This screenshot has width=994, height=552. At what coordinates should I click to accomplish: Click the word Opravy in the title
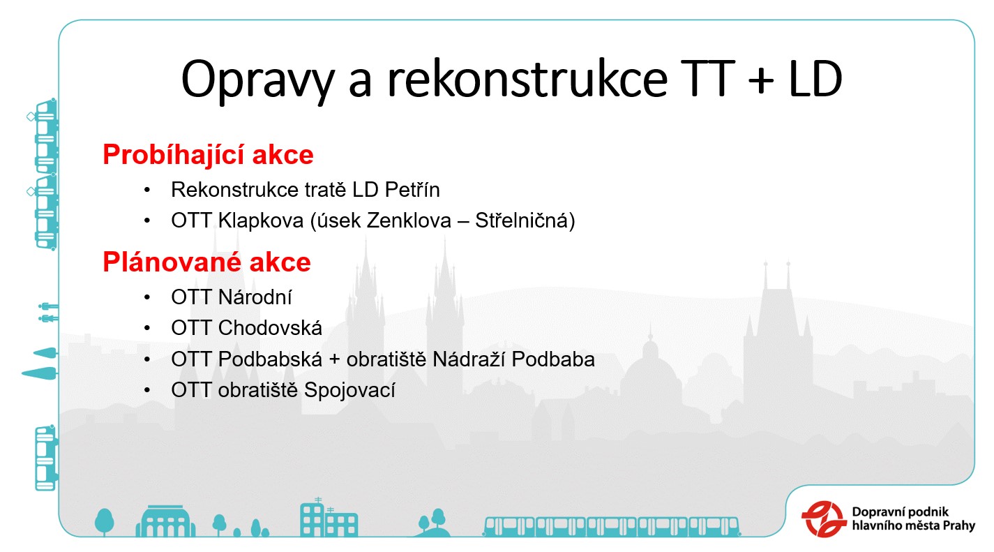[257, 81]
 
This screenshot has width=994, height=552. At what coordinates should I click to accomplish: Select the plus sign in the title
[760, 81]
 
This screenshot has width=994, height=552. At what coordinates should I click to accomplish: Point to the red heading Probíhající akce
[208, 154]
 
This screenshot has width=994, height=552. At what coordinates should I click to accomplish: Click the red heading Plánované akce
[206, 262]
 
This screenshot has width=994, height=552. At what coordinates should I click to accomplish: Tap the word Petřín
[412, 190]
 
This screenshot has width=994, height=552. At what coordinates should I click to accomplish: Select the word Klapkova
[261, 221]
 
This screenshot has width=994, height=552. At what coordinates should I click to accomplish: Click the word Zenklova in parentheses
[409, 221]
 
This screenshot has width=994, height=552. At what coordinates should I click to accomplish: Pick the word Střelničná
[521, 221]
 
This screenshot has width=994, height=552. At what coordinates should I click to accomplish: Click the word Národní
[255, 297]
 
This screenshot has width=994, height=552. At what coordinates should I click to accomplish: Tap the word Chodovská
[270, 328]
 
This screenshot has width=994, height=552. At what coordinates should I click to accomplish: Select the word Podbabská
[270, 359]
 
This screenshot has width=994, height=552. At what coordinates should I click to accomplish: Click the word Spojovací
[349, 390]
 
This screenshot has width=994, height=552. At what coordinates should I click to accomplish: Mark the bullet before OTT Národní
[147, 297]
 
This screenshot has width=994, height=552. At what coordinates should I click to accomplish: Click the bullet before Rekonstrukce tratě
[147, 190]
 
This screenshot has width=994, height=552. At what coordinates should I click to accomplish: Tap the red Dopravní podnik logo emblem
[824, 519]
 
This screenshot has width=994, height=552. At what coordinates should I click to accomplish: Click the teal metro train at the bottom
[612, 527]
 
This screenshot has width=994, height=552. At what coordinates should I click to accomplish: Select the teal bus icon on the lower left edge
[46, 458]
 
